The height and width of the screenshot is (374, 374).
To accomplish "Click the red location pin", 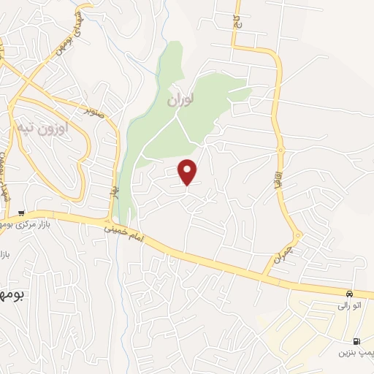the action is pos(188,171).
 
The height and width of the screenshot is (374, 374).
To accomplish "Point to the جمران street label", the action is pos(282,254).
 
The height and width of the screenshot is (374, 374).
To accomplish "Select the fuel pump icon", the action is pos(356,341).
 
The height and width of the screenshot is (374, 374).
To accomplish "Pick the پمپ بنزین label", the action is pos(354,353).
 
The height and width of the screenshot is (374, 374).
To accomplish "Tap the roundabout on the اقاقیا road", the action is pos(280,149).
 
